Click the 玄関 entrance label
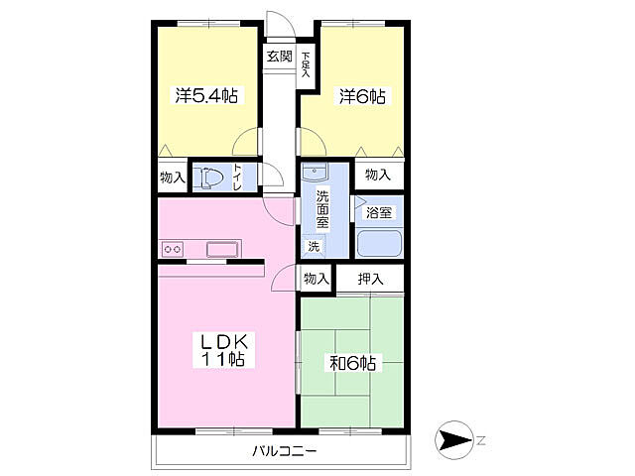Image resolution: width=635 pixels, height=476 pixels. pyautogui.click(x=279, y=56)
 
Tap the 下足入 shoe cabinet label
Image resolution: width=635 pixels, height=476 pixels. pyautogui.click(x=306, y=64)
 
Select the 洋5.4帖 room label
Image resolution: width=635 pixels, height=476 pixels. pyautogui.click(x=206, y=96)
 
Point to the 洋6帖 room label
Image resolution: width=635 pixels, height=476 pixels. pyautogui.click(x=362, y=97)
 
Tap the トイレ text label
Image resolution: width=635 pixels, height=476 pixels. pyautogui.click(x=237, y=177)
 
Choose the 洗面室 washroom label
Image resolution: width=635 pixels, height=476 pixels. pyautogui.click(x=322, y=209)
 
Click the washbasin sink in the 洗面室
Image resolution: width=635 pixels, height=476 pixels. pyautogui.click(x=315, y=172)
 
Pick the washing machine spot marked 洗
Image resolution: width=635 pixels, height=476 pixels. pyautogui.click(x=314, y=246)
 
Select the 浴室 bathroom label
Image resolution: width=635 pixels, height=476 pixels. pyautogui.click(x=379, y=212)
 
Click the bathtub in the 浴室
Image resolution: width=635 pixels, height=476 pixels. pyautogui.click(x=379, y=244)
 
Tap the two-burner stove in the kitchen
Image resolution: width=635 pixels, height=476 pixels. pyautogui.click(x=173, y=249)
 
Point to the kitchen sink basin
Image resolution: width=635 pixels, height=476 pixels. pyautogui.click(x=222, y=249)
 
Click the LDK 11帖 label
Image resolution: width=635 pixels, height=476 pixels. pyautogui.click(x=223, y=350)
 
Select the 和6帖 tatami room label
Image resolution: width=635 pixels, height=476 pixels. pyautogui.click(x=353, y=363)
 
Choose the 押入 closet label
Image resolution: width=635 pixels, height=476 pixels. pyautogui.click(x=370, y=279)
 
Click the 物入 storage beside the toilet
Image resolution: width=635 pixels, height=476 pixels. pyautogui.click(x=173, y=177)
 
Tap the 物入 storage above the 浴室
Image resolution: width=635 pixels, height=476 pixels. pyautogui.click(x=378, y=175)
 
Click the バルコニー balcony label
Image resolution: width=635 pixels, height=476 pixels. pyautogui.click(x=285, y=450)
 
